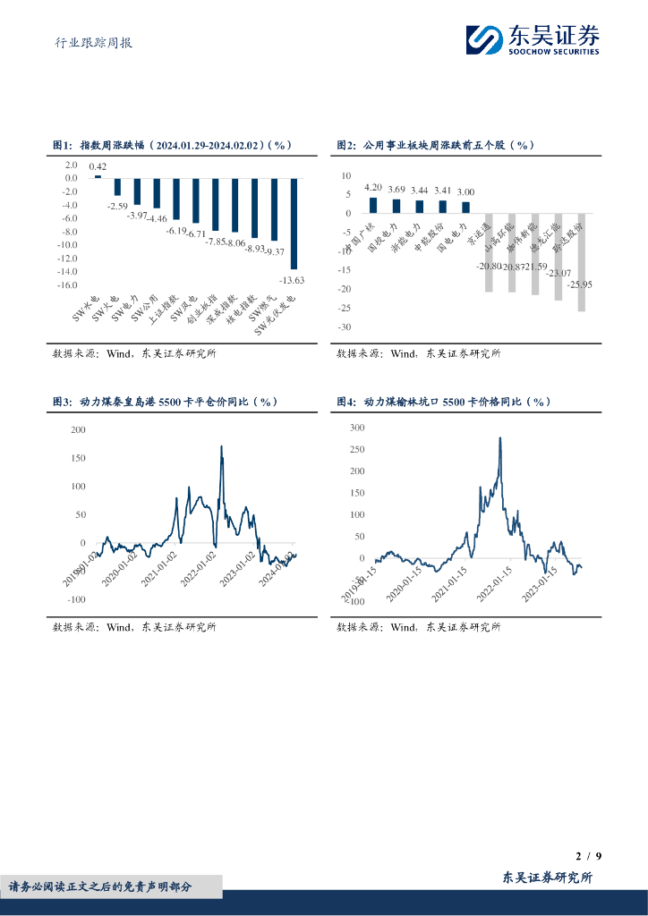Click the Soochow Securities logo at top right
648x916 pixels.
(x=532, y=39)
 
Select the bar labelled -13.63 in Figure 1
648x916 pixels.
(x=294, y=224)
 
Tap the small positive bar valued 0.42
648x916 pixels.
(x=98, y=176)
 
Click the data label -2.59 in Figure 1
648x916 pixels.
(x=117, y=207)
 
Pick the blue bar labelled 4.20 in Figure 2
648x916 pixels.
(x=373, y=205)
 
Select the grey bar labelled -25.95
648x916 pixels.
(x=582, y=262)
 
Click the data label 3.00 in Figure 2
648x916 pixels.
(x=465, y=192)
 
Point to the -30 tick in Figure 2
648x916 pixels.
(x=345, y=327)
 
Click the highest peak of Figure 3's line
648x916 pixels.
(x=221, y=446)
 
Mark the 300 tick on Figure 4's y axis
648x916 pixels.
(x=357, y=428)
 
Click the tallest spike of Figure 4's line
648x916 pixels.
(x=499, y=438)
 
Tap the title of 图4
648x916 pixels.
(x=443, y=402)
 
